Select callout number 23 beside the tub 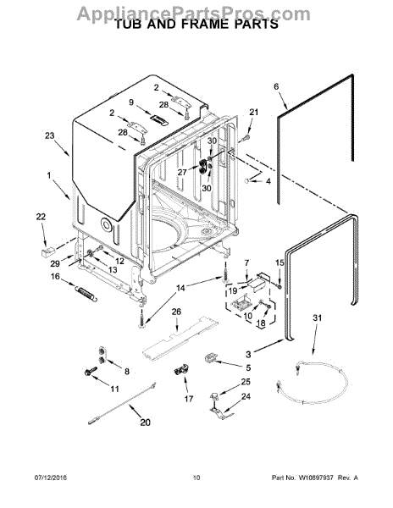(49, 135)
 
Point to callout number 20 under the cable (144, 423)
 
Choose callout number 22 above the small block (41, 218)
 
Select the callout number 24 (246, 397)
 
